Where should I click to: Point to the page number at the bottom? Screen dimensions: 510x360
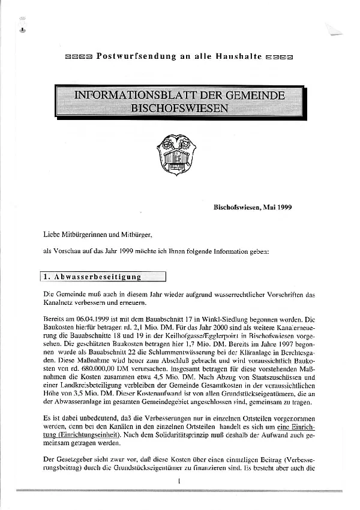pos(179,482)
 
